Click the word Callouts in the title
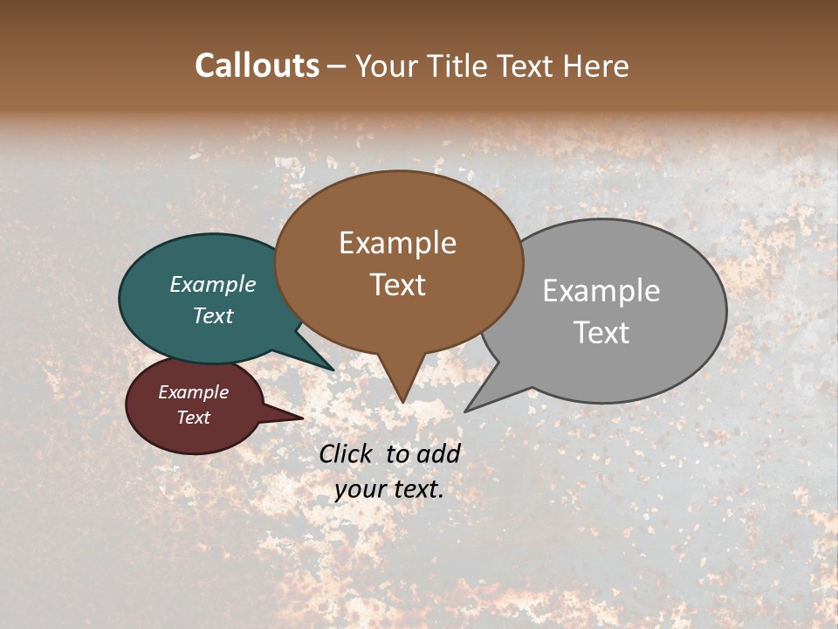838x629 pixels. (257, 66)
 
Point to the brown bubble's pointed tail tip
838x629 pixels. (402, 402)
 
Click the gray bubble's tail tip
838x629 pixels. (465, 411)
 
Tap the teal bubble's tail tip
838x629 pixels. (333, 370)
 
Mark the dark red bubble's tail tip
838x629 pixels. (302, 418)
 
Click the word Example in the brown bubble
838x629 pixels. (397, 243)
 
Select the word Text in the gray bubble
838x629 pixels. (601, 333)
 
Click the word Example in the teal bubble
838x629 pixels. (213, 285)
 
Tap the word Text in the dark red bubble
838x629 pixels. (194, 418)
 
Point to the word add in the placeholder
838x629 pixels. (437, 453)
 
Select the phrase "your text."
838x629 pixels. (389, 489)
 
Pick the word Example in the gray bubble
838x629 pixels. (601, 291)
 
